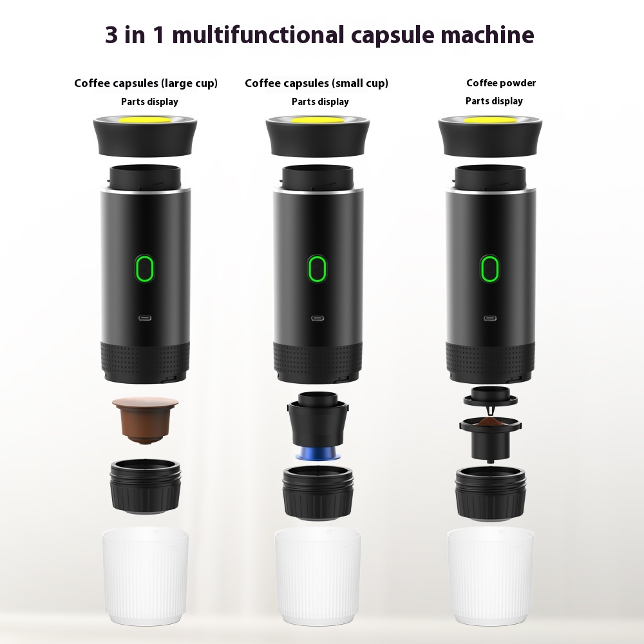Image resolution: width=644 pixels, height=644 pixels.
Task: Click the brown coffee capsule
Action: coord(145,419)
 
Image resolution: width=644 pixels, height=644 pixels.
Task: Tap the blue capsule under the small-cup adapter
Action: coord(317,453)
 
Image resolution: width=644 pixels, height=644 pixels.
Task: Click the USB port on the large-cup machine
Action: coord(146,317)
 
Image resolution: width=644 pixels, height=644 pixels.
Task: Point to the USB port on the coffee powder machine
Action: coord(490,317)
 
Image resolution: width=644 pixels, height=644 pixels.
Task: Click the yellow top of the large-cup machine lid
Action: coord(146,120)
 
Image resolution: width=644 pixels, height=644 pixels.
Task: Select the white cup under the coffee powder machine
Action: coord(490,567)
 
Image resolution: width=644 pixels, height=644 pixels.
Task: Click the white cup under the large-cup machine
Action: coord(146,567)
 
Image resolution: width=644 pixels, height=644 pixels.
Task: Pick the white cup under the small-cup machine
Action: coord(317,567)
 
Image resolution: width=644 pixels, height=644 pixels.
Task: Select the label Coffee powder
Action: coord(501,83)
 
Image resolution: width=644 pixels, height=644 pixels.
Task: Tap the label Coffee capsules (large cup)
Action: coord(146,83)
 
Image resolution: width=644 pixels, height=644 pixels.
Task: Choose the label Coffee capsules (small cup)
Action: coord(316,83)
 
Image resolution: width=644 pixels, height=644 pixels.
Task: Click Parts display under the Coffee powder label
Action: coord(494,101)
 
